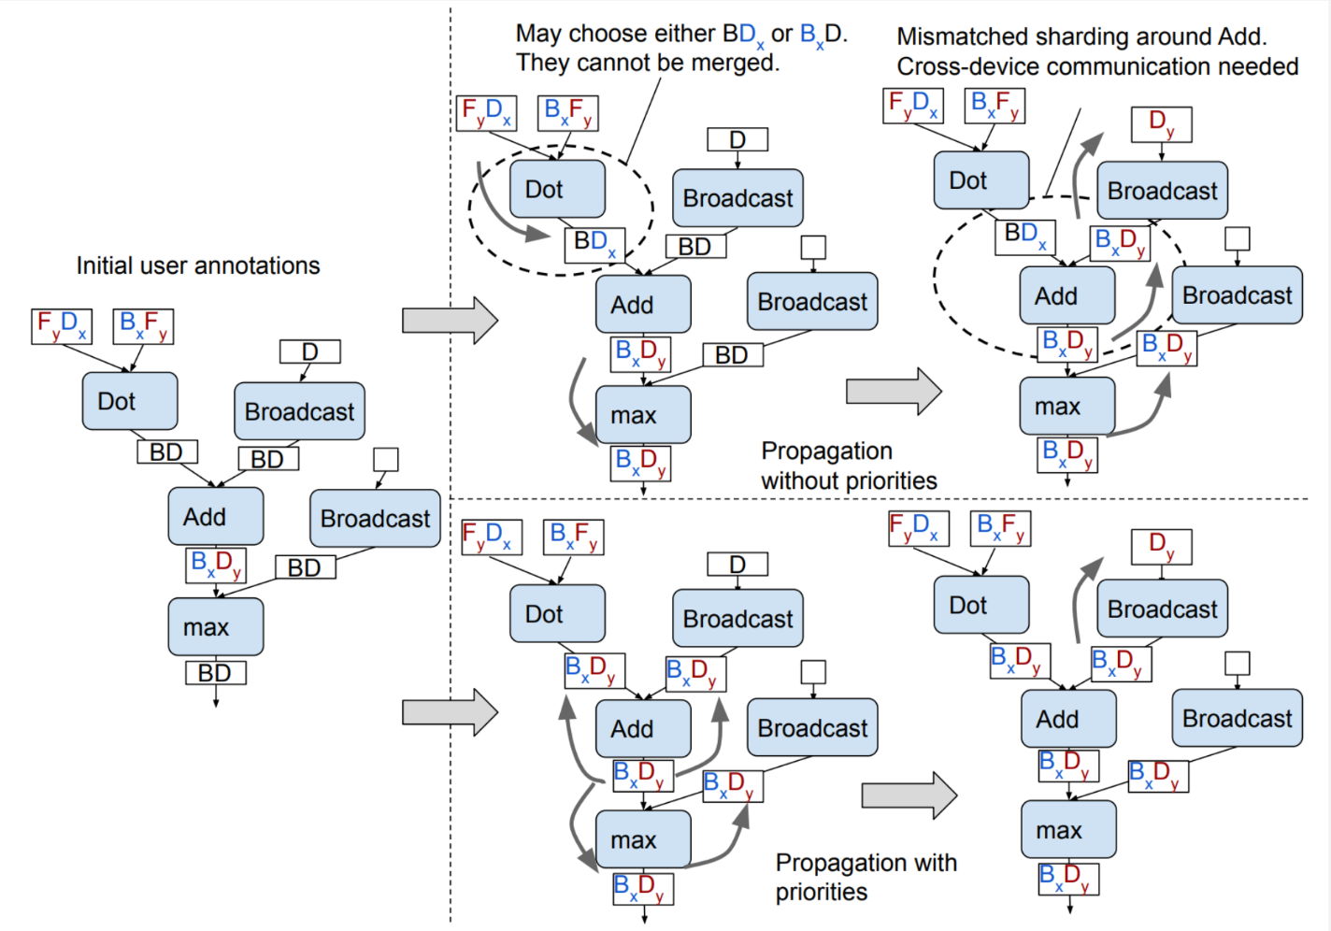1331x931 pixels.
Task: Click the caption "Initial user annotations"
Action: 198,266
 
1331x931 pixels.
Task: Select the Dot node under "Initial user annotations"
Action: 130,401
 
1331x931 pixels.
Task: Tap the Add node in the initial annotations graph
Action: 216,517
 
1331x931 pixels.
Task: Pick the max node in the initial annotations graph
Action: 216,627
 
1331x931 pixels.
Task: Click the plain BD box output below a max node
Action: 215,673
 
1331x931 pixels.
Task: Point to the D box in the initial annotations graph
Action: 310,351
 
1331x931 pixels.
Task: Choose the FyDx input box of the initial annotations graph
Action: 62,326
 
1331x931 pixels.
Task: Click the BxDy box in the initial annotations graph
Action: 216,565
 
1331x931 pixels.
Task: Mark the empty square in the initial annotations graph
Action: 386,459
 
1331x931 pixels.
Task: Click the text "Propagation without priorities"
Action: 849,465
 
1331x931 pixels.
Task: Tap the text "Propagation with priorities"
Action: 866,877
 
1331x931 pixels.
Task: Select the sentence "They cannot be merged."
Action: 647,64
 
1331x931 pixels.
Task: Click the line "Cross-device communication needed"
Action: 1097,67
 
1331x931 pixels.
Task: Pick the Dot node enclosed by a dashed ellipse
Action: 557,189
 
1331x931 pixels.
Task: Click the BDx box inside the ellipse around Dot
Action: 594,243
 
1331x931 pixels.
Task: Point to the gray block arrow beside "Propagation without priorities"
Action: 894,391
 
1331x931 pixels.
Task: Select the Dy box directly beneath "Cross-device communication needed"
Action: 1162,122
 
